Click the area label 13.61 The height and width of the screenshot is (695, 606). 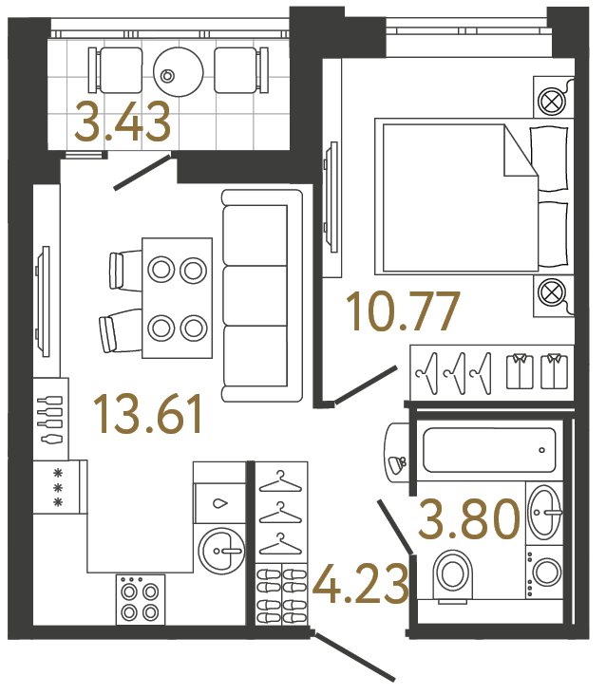click(x=148, y=414)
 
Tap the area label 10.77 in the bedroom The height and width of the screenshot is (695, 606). click(x=404, y=311)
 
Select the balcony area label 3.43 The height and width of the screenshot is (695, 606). click(x=123, y=122)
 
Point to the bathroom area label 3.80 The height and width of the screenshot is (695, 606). click(x=470, y=519)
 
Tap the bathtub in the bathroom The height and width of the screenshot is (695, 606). click(x=488, y=450)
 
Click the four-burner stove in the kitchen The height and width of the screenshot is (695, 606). click(x=140, y=599)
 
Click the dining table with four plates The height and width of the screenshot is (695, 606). click(x=177, y=298)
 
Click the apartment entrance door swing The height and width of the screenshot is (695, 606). click(x=355, y=657)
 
